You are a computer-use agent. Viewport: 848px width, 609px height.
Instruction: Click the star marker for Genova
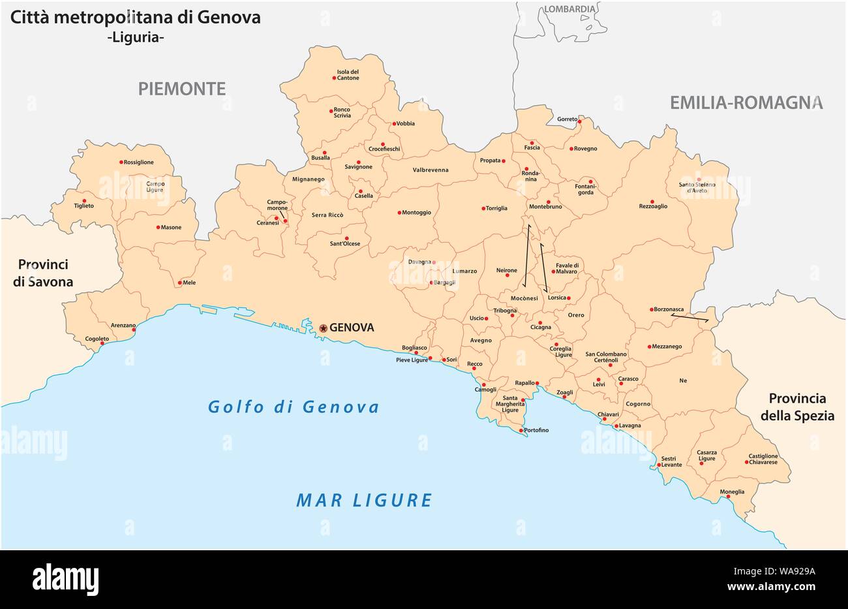[324, 328]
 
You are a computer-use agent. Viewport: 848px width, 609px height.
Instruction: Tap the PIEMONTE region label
[181, 89]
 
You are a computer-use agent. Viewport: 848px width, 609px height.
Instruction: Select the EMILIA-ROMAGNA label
[746, 102]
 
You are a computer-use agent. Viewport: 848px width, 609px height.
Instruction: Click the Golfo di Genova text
[294, 407]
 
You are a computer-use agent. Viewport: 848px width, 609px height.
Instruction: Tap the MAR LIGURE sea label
[364, 501]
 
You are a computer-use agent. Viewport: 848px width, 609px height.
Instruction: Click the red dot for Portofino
[521, 430]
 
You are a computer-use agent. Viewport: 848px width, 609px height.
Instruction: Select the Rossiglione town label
[139, 163]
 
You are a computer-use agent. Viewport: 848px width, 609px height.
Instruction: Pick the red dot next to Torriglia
[483, 209]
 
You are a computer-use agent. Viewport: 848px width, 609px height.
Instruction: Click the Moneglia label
[732, 492]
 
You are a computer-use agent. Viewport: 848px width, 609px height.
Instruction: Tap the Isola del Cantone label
[348, 75]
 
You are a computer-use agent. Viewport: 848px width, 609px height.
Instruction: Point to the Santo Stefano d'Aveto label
[697, 188]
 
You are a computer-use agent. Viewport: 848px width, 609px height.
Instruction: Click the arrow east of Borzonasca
[690, 318]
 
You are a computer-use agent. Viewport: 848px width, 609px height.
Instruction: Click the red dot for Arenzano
[134, 330]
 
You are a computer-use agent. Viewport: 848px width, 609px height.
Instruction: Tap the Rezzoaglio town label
[653, 206]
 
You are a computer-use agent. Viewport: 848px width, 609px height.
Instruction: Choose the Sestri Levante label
[671, 461]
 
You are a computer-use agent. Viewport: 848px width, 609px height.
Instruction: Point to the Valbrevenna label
[431, 170]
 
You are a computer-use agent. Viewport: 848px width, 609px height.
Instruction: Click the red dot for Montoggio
[399, 212]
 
